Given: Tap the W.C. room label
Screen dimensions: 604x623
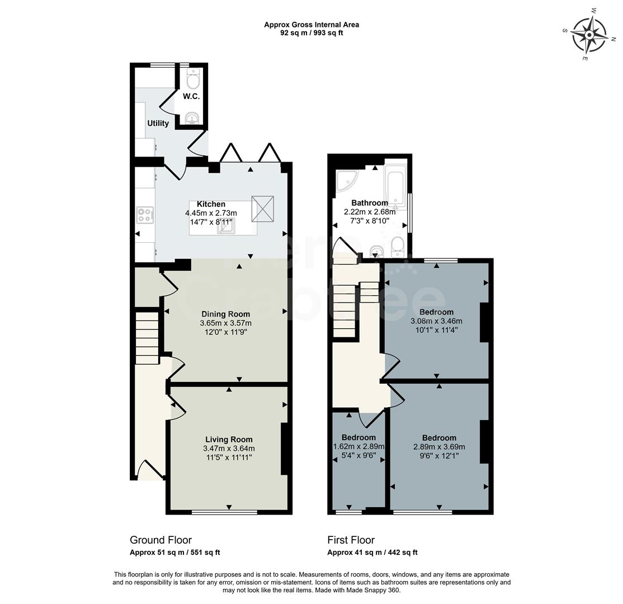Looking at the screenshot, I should pyautogui.click(x=191, y=96).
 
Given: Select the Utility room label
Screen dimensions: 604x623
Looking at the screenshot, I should pyautogui.click(x=158, y=123).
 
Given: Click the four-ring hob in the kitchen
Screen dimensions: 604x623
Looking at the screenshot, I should pyautogui.click(x=145, y=215).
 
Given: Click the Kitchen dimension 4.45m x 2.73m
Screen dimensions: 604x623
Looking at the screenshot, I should pyautogui.click(x=211, y=213).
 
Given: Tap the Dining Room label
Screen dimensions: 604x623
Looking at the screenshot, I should pyautogui.click(x=225, y=314).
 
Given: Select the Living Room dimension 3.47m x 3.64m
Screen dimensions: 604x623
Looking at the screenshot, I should pyautogui.click(x=229, y=449).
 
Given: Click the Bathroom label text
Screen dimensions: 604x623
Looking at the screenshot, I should pyautogui.click(x=369, y=202).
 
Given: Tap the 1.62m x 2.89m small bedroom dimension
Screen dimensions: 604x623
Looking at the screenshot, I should pyautogui.click(x=358, y=446).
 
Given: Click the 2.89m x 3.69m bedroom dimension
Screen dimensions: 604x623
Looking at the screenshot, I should pyautogui.click(x=439, y=447).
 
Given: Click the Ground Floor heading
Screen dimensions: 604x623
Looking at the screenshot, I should pyautogui.click(x=161, y=540).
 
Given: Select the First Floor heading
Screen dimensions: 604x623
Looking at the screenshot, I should pyautogui.click(x=351, y=540).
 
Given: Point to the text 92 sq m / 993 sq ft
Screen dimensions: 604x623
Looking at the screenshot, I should pyautogui.click(x=311, y=33).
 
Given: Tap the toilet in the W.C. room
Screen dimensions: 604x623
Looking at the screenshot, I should pyautogui.click(x=193, y=81).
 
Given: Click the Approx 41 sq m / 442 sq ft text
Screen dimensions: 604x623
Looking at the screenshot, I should pyautogui.click(x=372, y=553).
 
